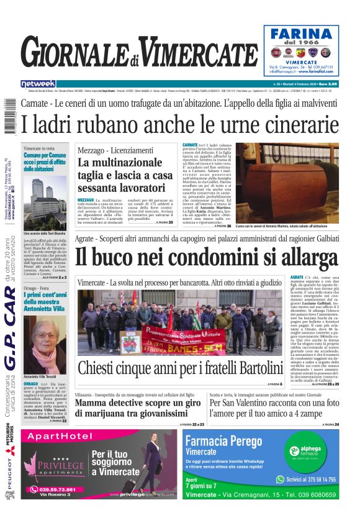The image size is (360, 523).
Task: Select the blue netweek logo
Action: pos(38,84)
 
